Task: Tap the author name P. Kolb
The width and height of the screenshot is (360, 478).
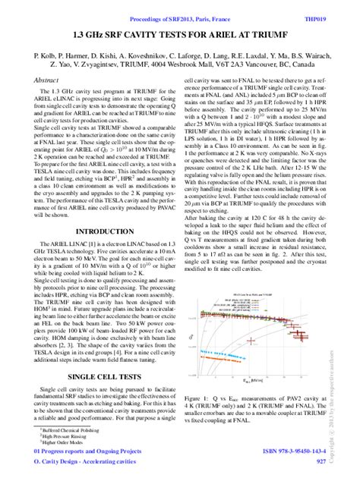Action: pos(47,57)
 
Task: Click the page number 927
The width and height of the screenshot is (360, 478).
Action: pos(321,461)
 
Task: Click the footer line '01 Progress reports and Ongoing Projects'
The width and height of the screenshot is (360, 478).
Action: pos(88,451)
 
